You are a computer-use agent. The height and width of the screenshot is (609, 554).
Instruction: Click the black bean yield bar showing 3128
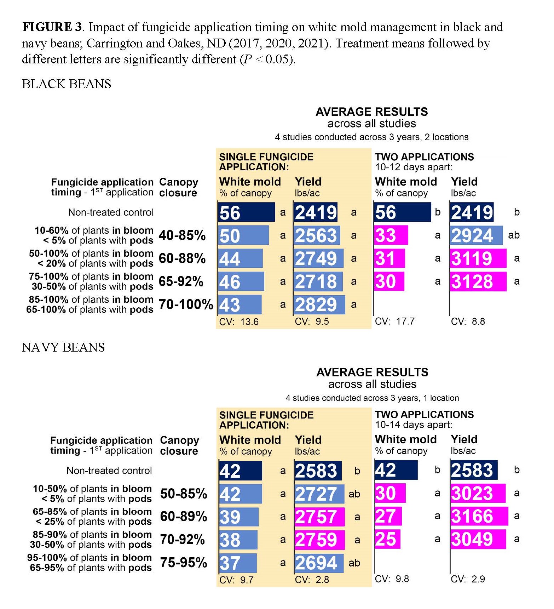click(x=478, y=281)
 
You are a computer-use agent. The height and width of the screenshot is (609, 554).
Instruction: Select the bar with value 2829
click(x=319, y=304)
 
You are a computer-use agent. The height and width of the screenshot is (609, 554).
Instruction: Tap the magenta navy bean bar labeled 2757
click(x=319, y=517)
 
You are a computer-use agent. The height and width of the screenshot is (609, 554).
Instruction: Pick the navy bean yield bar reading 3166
click(x=479, y=516)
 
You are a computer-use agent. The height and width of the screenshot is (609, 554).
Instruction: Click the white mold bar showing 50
click(x=243, y=235)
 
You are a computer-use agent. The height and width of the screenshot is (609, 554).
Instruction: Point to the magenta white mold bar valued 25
click(x=387, y=539)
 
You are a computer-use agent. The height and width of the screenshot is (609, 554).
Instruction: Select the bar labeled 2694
click(x=318, y=563)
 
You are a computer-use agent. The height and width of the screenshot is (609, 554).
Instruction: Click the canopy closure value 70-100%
click(x=186, y=304)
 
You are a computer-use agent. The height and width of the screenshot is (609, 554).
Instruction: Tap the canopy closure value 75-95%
click(x=183, y=562)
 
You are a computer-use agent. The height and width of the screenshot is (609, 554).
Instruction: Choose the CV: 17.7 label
click(x=394, y=321)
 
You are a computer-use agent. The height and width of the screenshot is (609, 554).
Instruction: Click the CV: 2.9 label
click(x=468, y=579)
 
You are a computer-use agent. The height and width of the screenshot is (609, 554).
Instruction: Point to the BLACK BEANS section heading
click(x=67, y=84)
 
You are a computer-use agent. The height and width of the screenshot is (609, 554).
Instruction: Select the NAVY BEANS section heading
click(x=63, y=347)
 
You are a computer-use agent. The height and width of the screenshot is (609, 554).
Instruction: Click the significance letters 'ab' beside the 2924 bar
click(x=514, y=235)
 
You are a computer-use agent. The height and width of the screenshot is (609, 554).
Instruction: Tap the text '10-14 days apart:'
click(x=414, y=425)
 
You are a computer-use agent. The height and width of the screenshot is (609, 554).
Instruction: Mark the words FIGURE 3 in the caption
click(x=52, y=27)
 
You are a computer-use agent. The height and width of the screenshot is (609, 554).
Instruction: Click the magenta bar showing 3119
click(x=478, y=258)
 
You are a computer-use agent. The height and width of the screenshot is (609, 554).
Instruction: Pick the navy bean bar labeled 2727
click(x=319, y=494)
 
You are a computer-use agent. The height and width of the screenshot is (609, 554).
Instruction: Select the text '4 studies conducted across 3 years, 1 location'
click(x=372, y=398)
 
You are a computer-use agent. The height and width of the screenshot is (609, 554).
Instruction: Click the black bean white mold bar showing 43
click(x=240, y=304)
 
